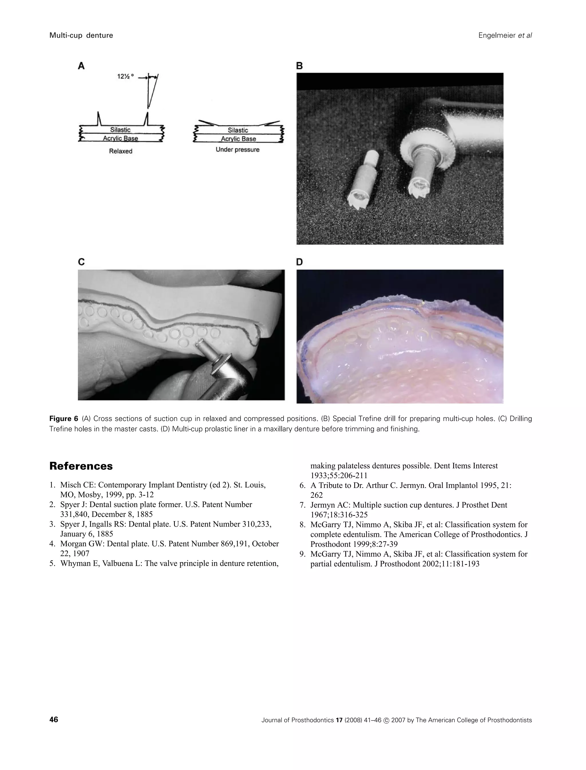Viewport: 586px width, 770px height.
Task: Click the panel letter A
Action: pyautogui.click(x=81, y=66)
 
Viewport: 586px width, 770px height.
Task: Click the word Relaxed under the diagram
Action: pyautogui.click(x=121, y=151)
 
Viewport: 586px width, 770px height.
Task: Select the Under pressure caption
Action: pyautogui.click(x=237, y=150)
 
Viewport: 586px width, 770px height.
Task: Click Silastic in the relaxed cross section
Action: pyautogui.click(x=120, y=130)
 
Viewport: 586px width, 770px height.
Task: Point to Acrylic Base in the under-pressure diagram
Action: pyautogui.click(x=238, y=139)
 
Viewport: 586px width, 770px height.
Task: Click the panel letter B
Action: pyautogui.click(x=299, y=66)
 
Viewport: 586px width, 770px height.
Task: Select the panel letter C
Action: pyautogui.click(x=81, y=262)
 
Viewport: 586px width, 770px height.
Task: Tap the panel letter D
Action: pyautogui.click(x=300, y=262)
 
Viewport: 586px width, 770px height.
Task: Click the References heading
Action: pyautogui.click(x=81, y=466)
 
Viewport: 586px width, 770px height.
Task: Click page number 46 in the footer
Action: pyautogui.click(x=54, y=720)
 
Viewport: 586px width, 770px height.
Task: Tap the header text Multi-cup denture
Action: pyautogui.click(x=81, y=35)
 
